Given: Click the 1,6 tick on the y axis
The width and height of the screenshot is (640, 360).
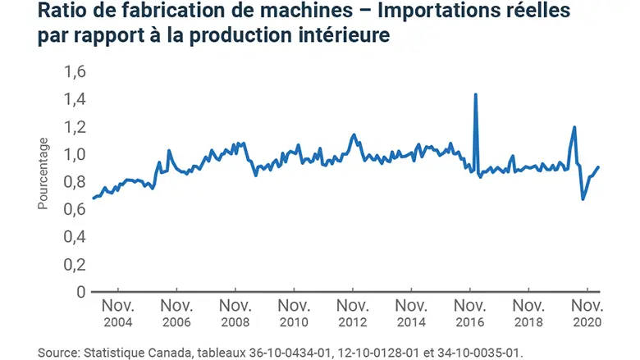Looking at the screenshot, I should tap(74, 71).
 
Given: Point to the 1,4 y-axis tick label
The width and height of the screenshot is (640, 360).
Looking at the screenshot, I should tap(74, 99).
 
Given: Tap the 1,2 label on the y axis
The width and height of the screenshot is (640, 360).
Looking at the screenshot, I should tap(74, 127).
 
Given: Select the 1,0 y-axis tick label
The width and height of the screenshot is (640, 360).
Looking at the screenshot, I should tap(74, 154).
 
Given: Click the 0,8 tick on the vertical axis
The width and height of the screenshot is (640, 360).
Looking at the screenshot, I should tap(74, 182).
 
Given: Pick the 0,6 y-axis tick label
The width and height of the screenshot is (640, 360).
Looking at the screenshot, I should tap(74, 209).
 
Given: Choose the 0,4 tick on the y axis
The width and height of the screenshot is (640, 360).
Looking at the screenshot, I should tap(74, 237).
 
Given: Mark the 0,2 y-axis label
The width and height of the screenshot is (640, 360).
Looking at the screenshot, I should tap(74, 264).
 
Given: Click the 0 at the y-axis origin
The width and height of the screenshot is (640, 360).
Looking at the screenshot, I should tap(80, 292).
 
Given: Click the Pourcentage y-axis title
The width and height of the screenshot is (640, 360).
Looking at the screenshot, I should tap(43, 178).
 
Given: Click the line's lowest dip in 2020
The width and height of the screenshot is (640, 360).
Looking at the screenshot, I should tap(583, 198).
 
